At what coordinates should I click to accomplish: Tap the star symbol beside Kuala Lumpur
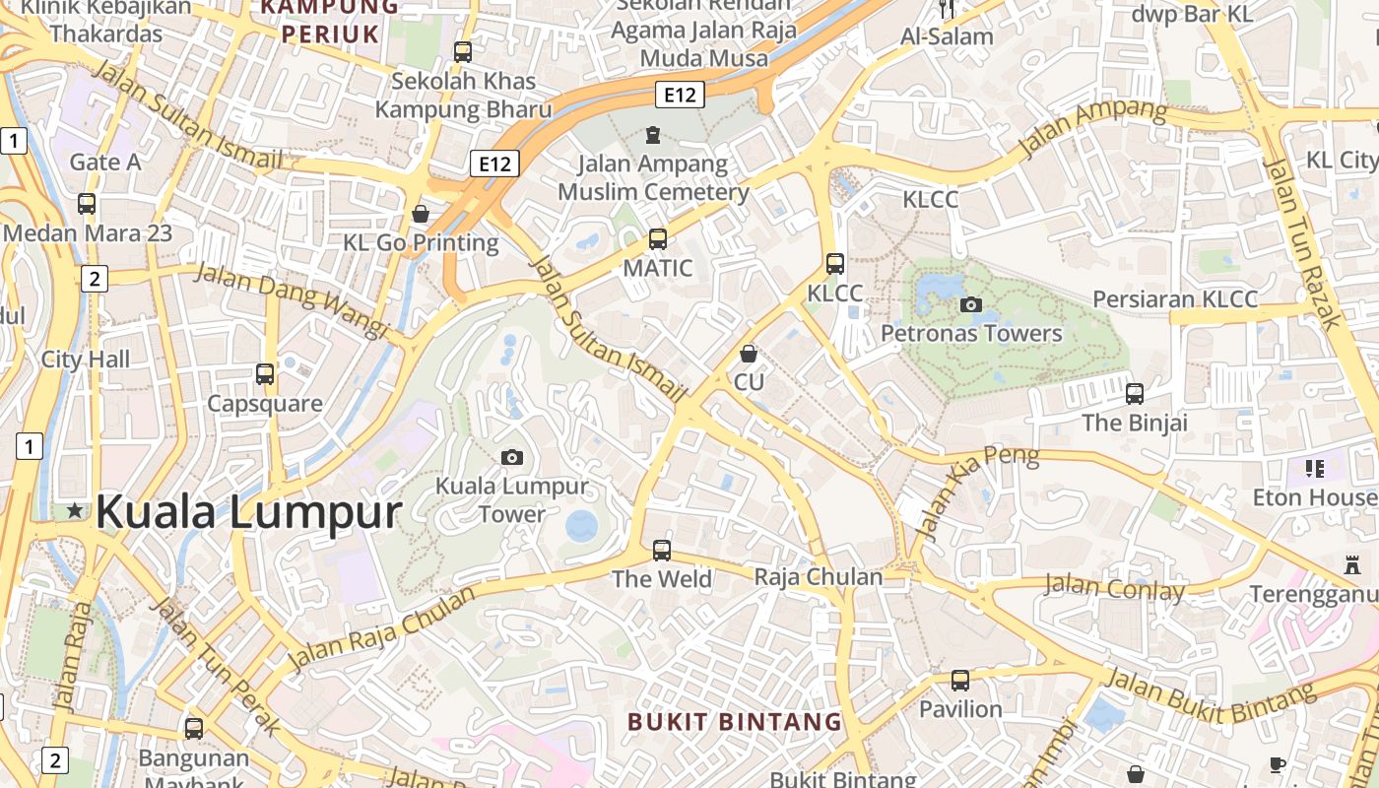click(75, 510)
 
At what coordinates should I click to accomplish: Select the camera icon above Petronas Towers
click(971, 304)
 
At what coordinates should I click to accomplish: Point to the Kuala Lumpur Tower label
click(511, 499)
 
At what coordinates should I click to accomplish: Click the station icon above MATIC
click(658, 238)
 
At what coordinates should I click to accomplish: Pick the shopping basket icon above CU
click(749, 353)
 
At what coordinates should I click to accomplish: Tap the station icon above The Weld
click(662, 550)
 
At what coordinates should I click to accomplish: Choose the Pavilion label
click(959, 709)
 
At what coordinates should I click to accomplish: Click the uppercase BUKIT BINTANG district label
click(735, 722)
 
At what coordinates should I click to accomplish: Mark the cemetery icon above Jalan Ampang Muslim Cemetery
click(652, 134)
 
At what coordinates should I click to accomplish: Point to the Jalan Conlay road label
click(1114, 588)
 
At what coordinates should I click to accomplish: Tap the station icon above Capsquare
click(265, 374)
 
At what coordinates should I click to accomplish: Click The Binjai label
click(1135, 423)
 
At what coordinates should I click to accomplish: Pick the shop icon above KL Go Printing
click(421, 214)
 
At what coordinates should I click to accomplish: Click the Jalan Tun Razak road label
click(1302, 241)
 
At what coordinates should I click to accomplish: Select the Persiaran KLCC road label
click(1175, 299)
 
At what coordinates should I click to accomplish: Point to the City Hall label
click(85, 360)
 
